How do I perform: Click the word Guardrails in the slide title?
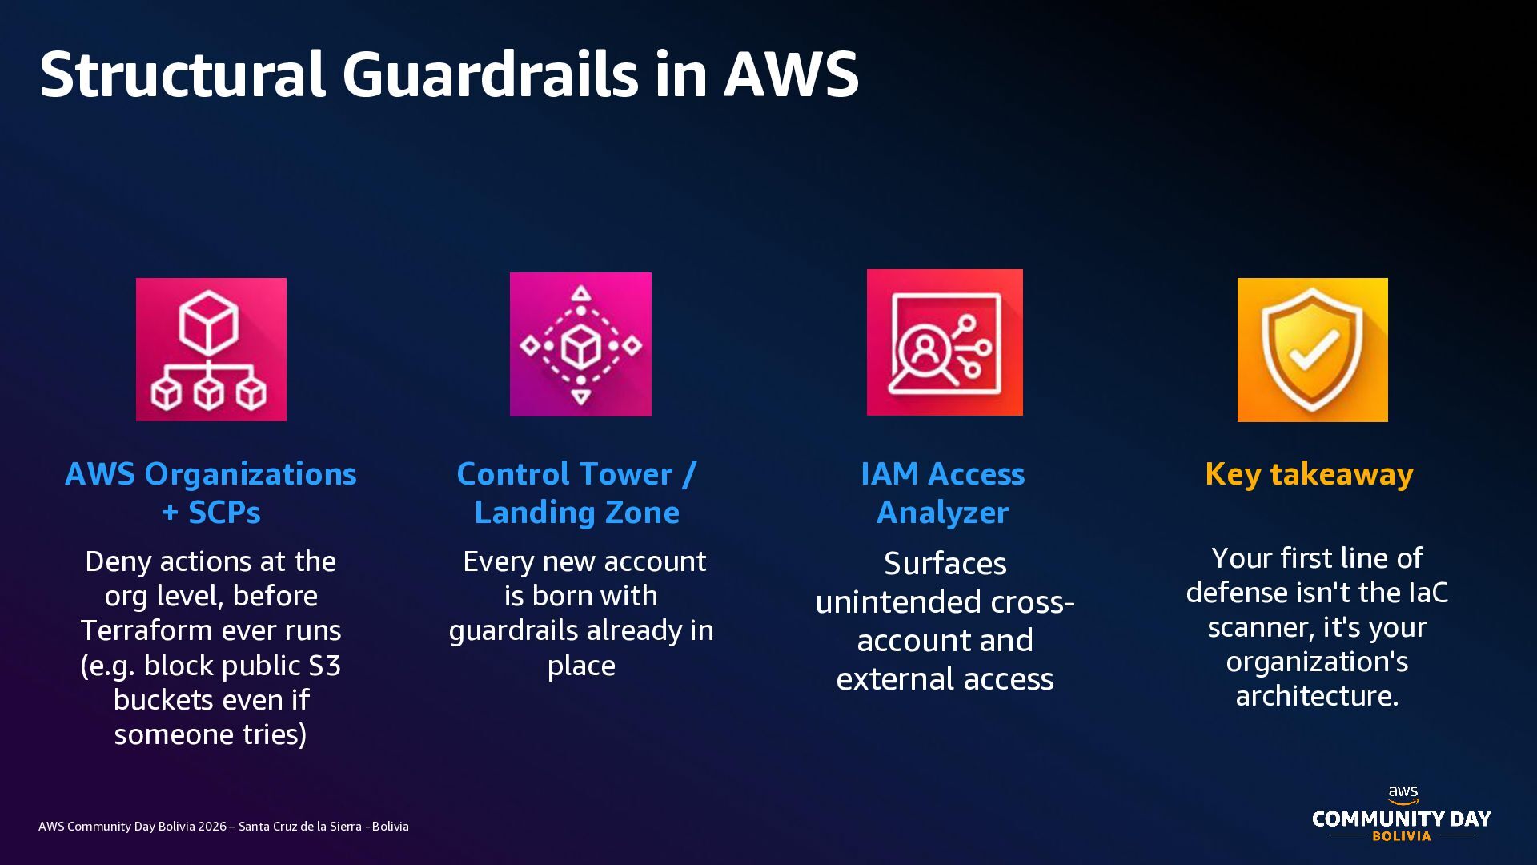click(x=490, y=74)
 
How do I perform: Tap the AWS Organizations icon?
click(x=211, y=349)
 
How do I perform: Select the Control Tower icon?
click(x=580, y=344)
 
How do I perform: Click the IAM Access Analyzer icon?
click(x=945, y=342)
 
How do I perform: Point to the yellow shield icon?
click(x=1313, y=350)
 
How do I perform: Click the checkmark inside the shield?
click(x=1314, y=351)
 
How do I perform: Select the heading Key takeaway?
click(x=1309, y=474)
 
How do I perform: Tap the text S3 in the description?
click(x=324, y=665)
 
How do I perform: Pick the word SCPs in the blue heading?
click(x=224, y=513)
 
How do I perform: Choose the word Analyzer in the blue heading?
click(x=943, y=513)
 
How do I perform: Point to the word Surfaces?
click(x=945, y=564)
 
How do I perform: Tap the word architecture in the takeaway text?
click(x=1317, y=696)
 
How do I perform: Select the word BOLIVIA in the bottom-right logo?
click(x=1402, y=836)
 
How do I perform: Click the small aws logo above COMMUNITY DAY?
click(x=1403, y=795)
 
